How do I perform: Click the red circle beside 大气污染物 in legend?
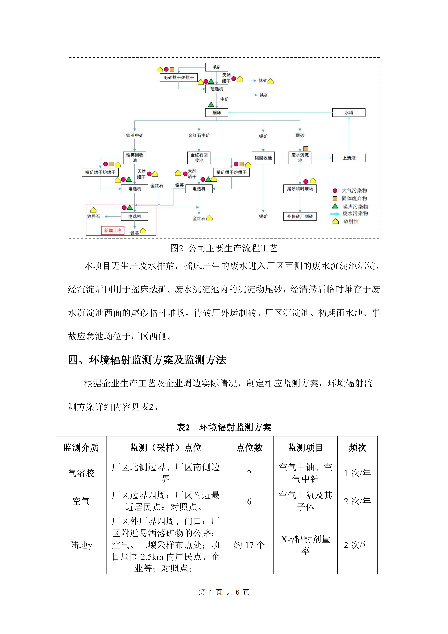click(335, 190)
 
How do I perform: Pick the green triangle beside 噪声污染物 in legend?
click(335, 206)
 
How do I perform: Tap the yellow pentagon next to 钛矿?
click(271, 81)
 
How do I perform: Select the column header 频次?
click(357, 448)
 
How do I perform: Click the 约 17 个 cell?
click(249, 545)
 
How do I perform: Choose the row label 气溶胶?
click(81, 473)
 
